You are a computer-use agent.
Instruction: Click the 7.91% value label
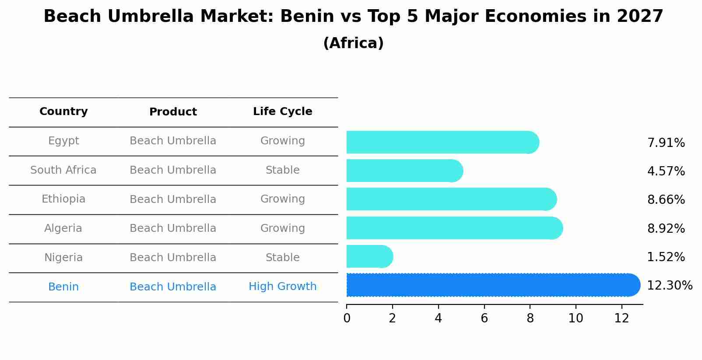tap(666, 143)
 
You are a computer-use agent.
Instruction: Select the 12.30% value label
tap(669, 286)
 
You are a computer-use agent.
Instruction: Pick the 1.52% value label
tap(666, 257)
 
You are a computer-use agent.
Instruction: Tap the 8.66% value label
tap(666, 200)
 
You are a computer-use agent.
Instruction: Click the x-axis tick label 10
tap(576, 318)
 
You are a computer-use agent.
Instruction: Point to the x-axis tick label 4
tap(438, 318)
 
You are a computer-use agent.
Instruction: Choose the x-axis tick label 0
tap(347, 318)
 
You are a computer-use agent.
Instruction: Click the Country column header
tap(63, 112)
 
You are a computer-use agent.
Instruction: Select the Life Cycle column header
tap(282, 112)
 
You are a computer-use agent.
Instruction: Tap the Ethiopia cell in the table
tap(63, 199)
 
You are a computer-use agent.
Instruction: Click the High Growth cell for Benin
tap(282, 287)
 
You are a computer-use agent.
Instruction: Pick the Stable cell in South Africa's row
tap(282, 170)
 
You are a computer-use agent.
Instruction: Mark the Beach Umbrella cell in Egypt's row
tap(173, 141)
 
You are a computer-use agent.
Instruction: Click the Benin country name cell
tap(63, 287)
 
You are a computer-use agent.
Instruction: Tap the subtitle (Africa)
tap(353, 43)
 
